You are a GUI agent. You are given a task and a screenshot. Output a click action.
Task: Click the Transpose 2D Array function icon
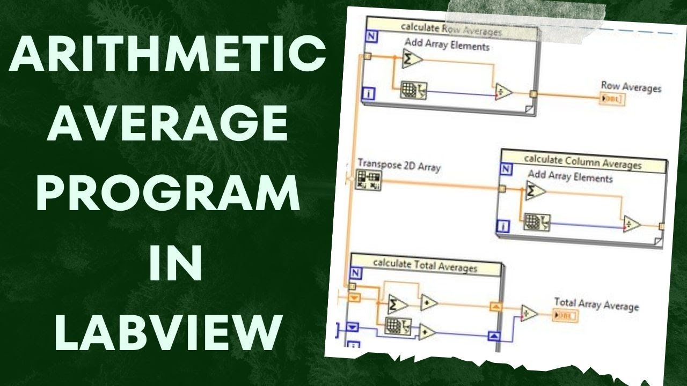tap(368, 180)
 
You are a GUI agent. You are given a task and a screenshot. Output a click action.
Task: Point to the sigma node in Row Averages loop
tap(412, 60)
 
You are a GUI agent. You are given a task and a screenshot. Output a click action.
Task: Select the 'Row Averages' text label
tap(631, 86)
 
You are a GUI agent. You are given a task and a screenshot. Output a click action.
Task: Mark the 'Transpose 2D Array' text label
tap(399, 166)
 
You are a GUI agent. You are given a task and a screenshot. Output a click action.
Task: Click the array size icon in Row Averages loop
tap(413, 91)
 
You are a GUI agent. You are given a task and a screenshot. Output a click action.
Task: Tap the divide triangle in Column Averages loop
tap(632, 225)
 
